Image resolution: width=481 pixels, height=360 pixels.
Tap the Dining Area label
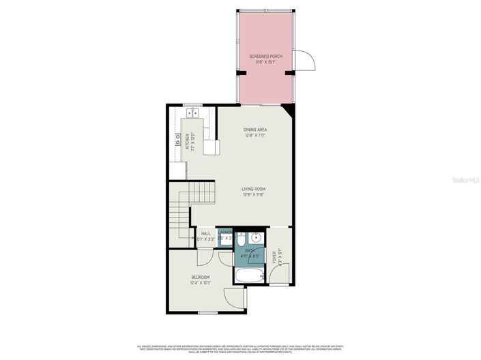point(254,130)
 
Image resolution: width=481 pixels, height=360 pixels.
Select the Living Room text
point(253,189)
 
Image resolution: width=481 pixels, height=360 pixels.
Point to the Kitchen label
point(186,141)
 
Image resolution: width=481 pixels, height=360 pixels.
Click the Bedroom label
point(200,277)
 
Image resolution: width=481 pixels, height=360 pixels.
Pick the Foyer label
point(275,258)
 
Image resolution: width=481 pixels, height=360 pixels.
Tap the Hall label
point(205,234)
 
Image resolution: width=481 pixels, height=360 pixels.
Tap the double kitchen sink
point(191,114)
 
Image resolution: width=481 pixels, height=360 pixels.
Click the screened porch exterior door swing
point(304,61)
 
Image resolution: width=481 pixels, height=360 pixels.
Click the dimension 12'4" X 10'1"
point(200,282)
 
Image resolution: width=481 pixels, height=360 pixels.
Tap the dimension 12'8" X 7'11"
point(254,135)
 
